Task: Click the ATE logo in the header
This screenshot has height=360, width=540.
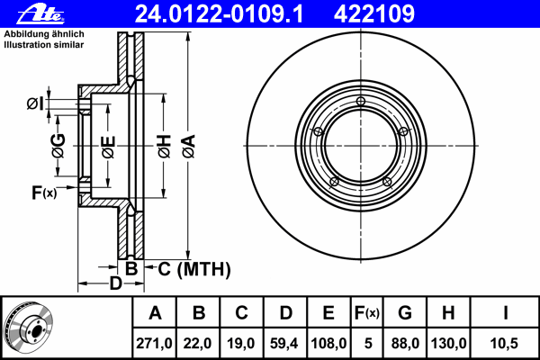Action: pyautogui.click(x=40, y=14)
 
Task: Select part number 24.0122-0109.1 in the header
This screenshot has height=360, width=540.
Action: pyautogui.click(x=219, y=14)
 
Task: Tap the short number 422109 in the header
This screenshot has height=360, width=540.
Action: pyautogui.click(x=374, y=14)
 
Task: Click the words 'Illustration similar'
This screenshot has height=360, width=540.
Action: pyautogui.click(x=44, y=45)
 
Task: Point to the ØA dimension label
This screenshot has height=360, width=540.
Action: pyautogui.click(x=189, y=147)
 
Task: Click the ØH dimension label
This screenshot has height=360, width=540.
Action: pyautogui.click(x=165, y=147)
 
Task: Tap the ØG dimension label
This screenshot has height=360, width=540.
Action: pyautogui.click(x=58, y=146)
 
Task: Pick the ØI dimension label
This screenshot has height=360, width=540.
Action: pyautogui.click(x=35, y=103)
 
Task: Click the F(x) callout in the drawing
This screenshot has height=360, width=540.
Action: pyautogui.click(x=44, y=193)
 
